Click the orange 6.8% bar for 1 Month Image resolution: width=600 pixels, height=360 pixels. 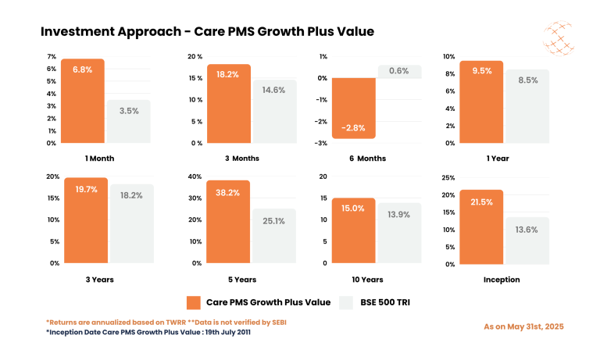click(82, 102)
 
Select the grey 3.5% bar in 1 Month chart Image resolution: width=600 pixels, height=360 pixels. click(129, 122)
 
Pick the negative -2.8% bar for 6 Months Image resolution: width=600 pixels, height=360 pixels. click(353, 109)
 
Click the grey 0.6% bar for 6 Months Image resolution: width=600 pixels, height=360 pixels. click(399, 71)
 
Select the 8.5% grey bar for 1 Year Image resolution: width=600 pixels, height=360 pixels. click(527, 106)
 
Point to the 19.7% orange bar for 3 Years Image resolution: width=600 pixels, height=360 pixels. click(86, 220)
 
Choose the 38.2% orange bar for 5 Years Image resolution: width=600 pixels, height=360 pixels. click(229, 222)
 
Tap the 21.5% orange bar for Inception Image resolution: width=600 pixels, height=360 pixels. click(481, 226)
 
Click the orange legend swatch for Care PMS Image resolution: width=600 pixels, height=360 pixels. click(194, 302)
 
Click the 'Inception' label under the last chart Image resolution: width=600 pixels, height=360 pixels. click(502, 279)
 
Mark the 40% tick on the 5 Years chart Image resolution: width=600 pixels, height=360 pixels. click(193, 176)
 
